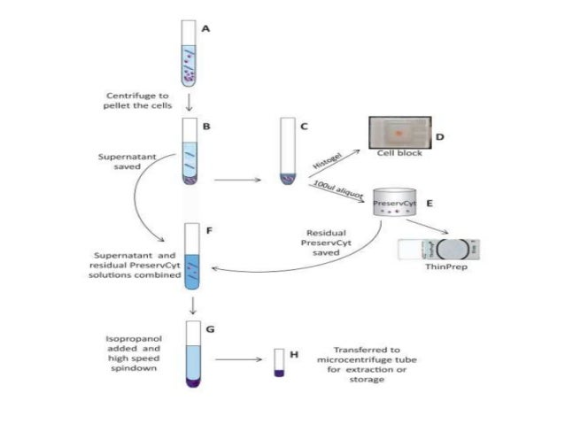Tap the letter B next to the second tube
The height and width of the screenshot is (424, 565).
(205, 127)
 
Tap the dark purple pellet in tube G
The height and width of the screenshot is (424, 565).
(192, 382)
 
